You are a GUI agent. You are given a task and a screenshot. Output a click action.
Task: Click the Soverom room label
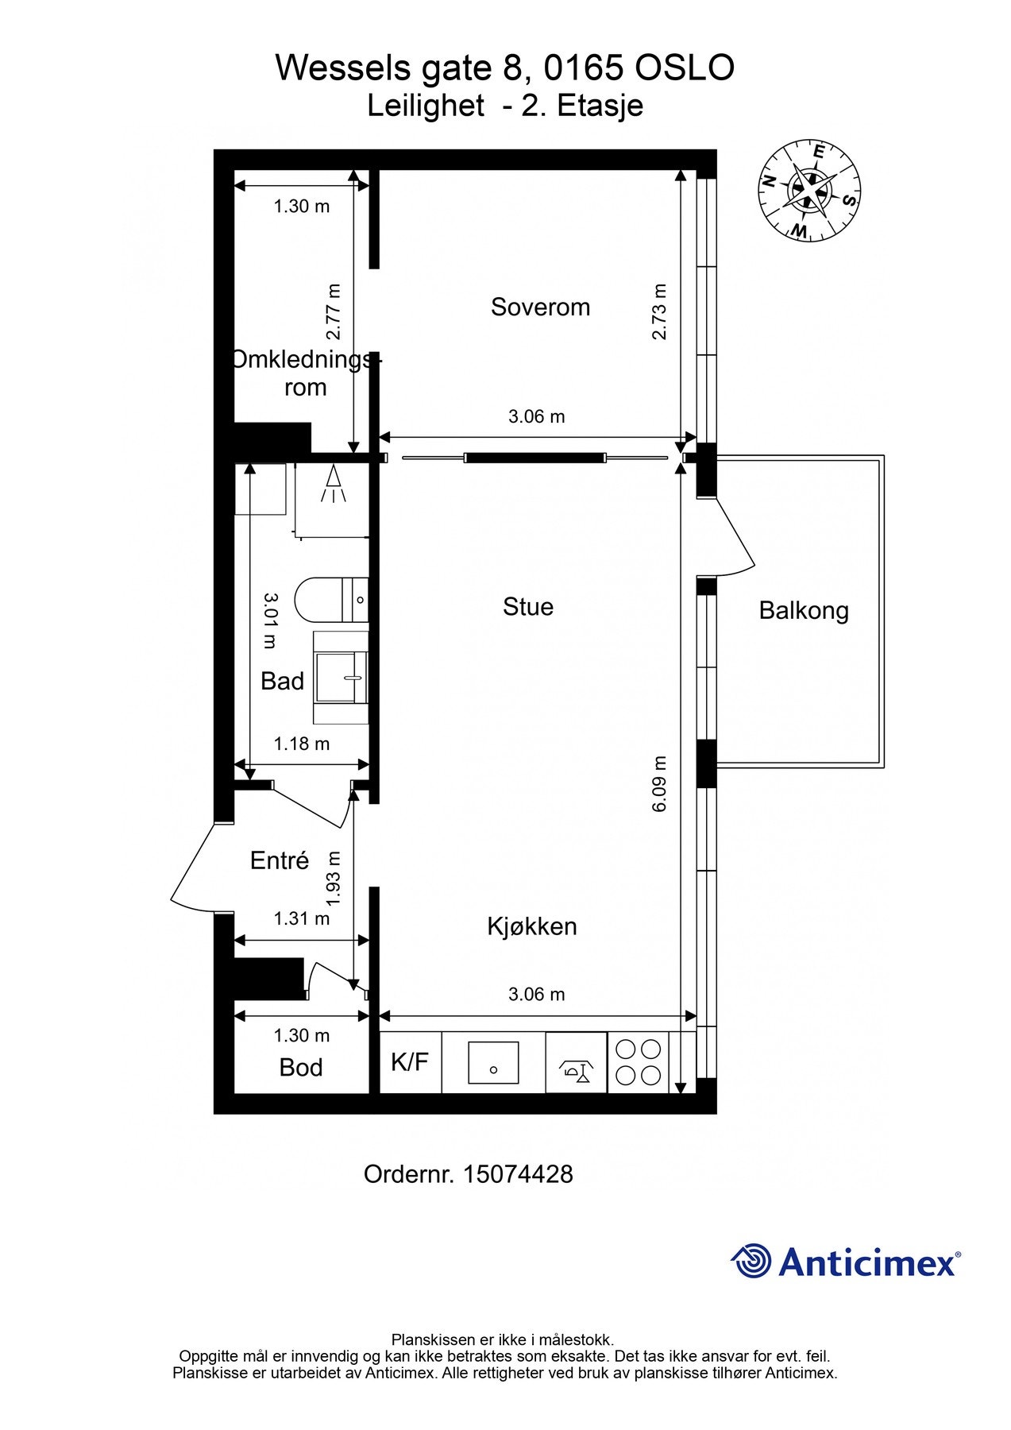point(540,307)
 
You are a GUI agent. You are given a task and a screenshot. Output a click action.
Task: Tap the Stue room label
point(528,607)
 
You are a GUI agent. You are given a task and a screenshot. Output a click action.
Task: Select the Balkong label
point(804,611)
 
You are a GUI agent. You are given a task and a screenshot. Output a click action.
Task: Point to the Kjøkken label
point(532,926)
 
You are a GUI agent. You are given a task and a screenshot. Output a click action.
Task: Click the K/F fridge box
point(410,1061)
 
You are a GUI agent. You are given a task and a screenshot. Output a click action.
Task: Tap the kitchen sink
point(493,1062)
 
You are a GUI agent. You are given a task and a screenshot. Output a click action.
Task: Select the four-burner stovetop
point(639,1062)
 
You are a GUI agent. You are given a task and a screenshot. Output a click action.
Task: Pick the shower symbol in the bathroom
point(334,484)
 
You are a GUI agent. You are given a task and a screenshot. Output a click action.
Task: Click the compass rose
point(808,191)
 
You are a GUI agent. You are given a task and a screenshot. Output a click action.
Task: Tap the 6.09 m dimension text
point(659,784)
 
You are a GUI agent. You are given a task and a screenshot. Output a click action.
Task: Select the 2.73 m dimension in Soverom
point(659,311)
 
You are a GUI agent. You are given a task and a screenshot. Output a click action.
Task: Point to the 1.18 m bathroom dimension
point(302,744)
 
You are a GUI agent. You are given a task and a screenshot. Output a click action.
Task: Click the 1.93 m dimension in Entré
point(334,878)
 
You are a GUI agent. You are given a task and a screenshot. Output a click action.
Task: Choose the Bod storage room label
point(301,1068)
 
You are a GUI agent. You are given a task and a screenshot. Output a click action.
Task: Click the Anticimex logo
point(846,1261)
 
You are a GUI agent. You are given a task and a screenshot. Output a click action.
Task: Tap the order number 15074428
point(518,1174)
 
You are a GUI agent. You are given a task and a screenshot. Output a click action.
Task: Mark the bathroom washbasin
point(342,678)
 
